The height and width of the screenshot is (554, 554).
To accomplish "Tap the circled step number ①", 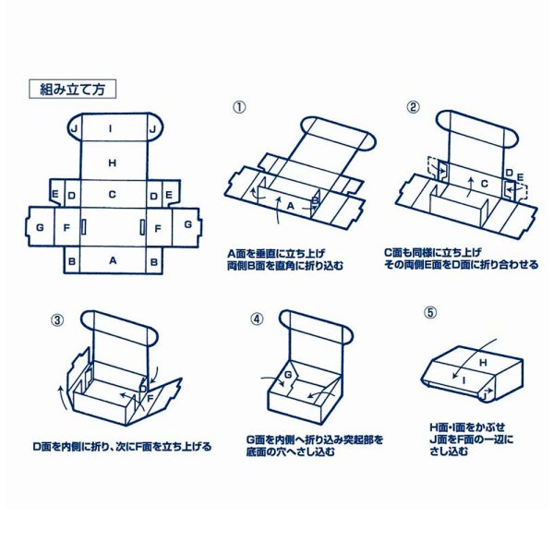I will [x=239, y=107].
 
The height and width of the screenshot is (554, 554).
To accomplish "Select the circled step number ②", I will [x=413, y=106].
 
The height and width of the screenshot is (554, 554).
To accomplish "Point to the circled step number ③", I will [x=57, y=320].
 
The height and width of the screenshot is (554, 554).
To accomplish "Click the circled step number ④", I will [x=257, y=319].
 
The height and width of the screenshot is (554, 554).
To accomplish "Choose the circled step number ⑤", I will [x=430, y=312].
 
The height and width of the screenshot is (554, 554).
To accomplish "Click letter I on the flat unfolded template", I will [x=111, y=129].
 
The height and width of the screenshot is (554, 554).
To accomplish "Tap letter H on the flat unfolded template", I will [x=112, y=163].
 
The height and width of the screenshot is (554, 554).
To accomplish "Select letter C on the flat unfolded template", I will [x=112, y=195].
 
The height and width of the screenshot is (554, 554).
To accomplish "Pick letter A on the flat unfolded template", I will [x=113, y=261].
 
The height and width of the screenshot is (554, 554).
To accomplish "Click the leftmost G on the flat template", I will [x=40, y=225].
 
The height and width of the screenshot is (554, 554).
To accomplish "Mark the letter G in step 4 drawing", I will [x=287, y=375].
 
